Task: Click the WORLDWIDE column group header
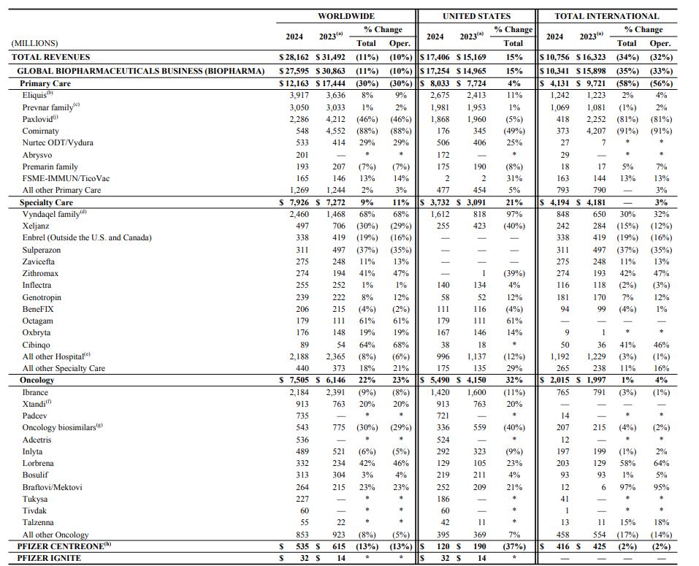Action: click(345, 16)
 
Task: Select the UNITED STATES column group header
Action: click(476, 16)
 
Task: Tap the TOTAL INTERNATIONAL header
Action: click(606, 16)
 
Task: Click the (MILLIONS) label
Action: click(34, 44)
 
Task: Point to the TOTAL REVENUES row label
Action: click(51, 57)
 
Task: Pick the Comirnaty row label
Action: click(41, 131)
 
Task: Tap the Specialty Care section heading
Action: click(46, 202)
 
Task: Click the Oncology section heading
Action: click(37, 380)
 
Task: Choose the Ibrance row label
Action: click(35, 392)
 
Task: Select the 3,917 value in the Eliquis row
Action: click(299, 95)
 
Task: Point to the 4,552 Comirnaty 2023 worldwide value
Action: click(335, 131)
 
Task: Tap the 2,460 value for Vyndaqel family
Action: click(299, 214)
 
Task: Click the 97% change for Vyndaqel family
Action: click(513, 214)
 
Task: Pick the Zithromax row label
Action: click(41, 273)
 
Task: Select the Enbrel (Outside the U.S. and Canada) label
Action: click(87, 238)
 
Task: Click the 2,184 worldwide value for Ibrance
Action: click(299, 392)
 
